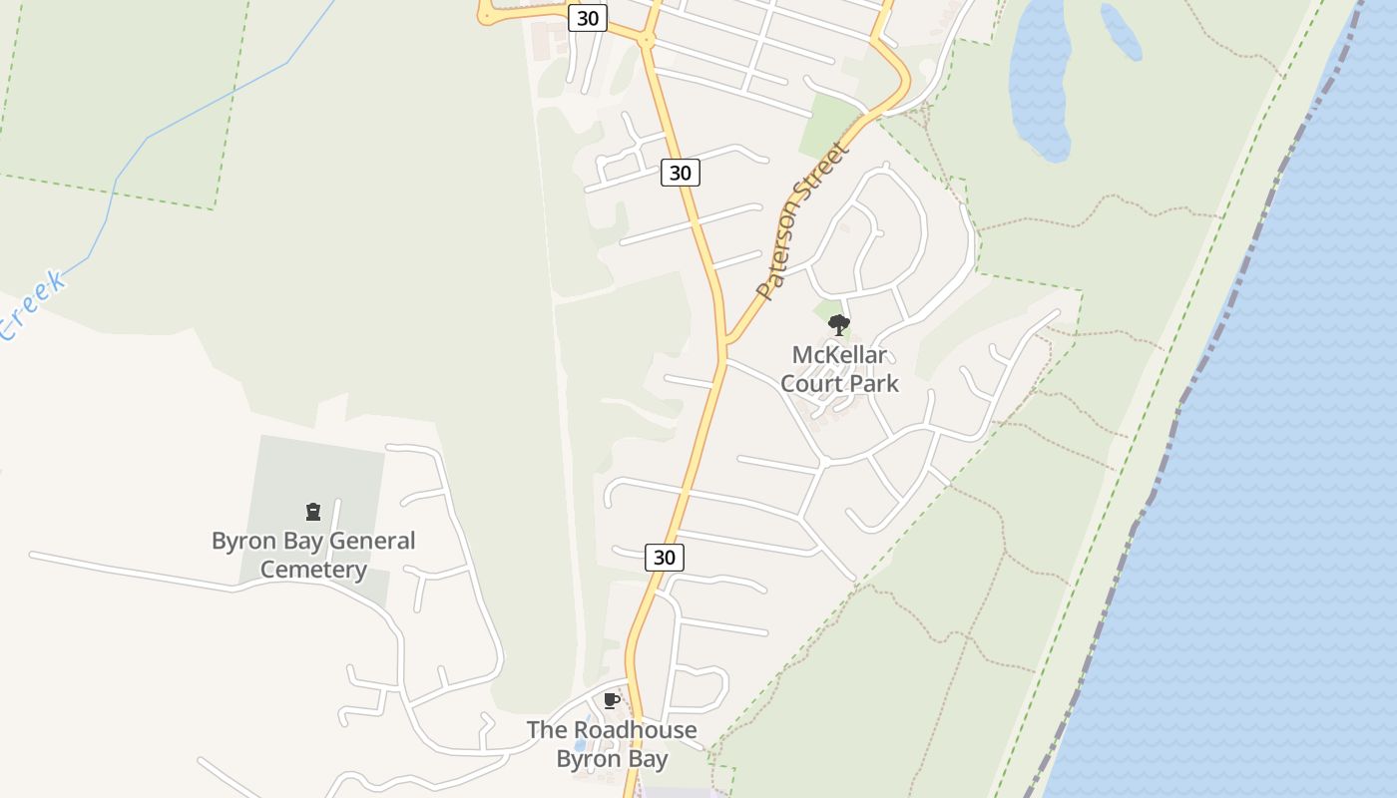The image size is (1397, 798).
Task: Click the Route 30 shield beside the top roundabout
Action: click(x=588, y=18)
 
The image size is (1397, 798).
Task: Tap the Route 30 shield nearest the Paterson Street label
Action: click(x=680, y=173)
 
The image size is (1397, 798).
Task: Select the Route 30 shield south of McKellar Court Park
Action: click(x=665, y=557)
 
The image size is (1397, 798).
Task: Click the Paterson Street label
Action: click(x=801, y=221)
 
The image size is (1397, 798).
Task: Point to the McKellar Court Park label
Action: click(x=839, y=369)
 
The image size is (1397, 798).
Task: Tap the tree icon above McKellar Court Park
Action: click(x=838, y=324)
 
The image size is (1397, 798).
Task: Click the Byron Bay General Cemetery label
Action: click(x=313, y=555)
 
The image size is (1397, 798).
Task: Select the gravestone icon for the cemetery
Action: click(x=313, y=512)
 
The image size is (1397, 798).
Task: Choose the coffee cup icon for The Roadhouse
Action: click(x=612, y=700)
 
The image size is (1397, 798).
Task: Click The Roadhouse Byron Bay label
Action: click(x=612, y=744)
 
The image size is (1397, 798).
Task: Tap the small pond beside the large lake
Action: click(x=1121, y=31)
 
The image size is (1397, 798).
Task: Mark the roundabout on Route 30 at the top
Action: click(x=646, y=41)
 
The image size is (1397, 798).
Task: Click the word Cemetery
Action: click(x=313, y=570)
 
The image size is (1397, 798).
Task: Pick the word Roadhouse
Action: click(x=633, y=730)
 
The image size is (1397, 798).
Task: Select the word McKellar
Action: click(x=839, y=355)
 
